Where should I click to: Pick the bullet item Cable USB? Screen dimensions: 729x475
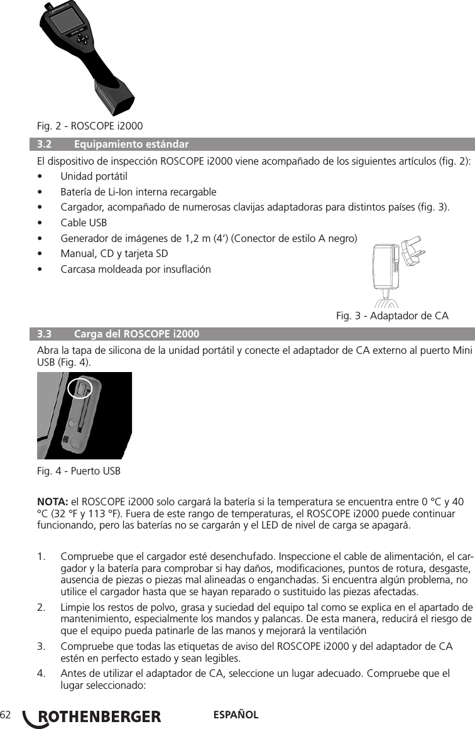[84, 222]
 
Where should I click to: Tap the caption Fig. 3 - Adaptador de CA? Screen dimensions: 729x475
[393, 314]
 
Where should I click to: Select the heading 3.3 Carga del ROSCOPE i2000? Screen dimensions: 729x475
[119, 333]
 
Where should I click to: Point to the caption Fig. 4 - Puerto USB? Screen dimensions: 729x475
[79, 470]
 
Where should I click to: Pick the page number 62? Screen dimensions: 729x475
[6, 715]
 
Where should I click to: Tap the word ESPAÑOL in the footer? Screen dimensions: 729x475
[236, 715]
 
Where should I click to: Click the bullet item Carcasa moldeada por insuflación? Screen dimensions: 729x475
[136, 270]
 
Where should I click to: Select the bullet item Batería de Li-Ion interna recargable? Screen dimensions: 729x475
[138, 192]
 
